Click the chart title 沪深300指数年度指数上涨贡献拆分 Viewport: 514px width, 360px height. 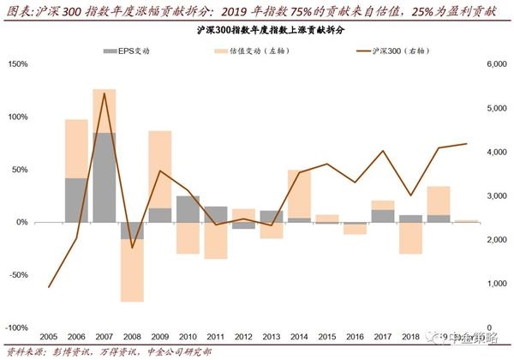(x=257, y=30)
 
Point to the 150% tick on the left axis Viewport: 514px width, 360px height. (x=18, y=64)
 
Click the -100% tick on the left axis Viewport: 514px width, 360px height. (x=16, y=327)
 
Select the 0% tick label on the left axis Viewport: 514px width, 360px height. (x=22, y=222)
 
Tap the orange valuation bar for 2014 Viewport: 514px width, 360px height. (x=299, y=194)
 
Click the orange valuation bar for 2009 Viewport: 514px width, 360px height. (x=160, y=170)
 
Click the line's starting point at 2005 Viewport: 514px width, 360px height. (x=49, y=286)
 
